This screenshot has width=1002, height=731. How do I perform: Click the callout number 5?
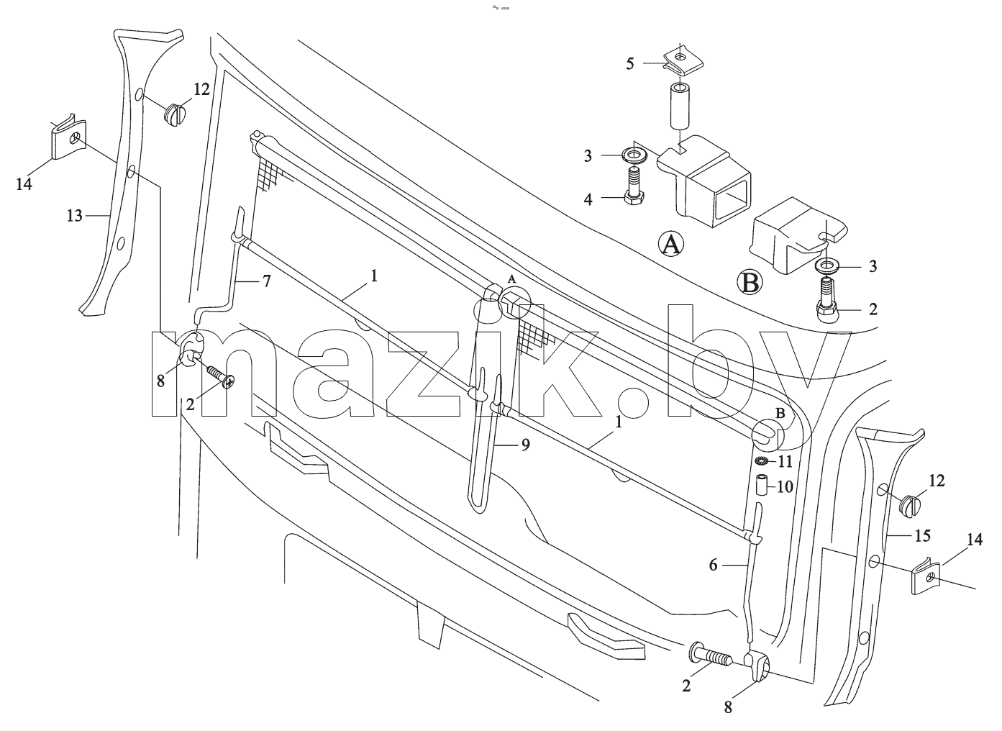pos(630,64)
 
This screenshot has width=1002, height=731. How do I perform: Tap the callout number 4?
pos(588,199)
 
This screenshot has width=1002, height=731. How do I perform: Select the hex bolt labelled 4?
pos(632,185)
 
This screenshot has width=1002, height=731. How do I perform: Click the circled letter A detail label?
pos(671,244)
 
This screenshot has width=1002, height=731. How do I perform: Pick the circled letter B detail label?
pos(750,283)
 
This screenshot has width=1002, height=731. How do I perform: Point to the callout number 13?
pos(75,216)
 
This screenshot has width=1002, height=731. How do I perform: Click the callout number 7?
pos(267,281)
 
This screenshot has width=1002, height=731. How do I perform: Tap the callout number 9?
pos(526,445)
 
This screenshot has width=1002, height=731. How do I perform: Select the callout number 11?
pos(785,461)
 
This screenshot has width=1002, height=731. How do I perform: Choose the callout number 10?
pos(785,486)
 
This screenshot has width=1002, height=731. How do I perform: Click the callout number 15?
pos(922,535)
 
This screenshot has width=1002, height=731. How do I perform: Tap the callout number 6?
pos(713,566)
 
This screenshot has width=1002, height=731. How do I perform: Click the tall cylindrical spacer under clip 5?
pos(679,106)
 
